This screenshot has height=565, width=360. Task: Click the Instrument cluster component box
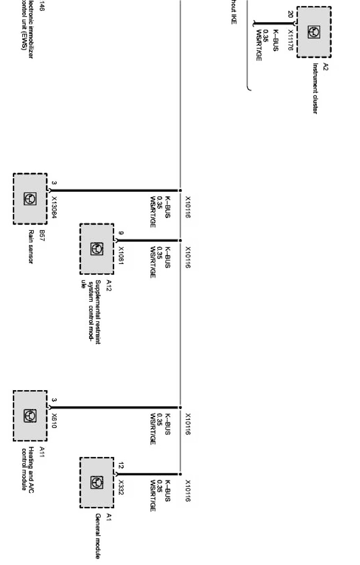314,32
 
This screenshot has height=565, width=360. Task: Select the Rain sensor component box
30,199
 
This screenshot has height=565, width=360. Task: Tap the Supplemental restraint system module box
97,249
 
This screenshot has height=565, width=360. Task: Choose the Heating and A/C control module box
30,416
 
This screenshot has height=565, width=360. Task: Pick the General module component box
97,482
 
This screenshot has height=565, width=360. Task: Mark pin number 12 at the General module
121,465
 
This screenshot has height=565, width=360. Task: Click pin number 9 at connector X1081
121,233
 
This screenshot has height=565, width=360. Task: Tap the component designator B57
42,235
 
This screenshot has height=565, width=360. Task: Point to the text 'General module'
98,536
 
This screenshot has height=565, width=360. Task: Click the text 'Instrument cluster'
315,88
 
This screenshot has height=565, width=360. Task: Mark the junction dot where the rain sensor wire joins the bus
180,190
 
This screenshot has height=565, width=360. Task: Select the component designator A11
42,452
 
